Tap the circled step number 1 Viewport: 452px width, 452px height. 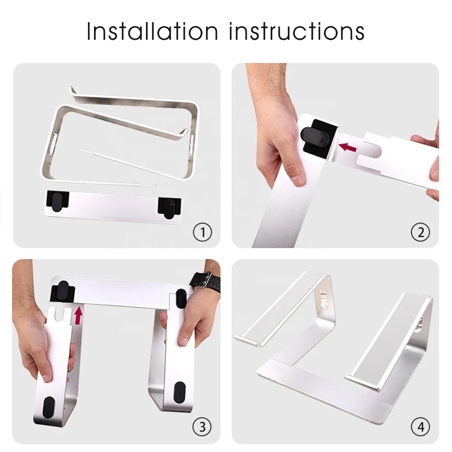tap(202, 232)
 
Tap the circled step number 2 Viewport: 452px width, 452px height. tap(420, 232)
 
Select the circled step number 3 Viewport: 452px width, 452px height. tap(202, 426)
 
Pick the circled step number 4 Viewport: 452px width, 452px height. tap(420, 426)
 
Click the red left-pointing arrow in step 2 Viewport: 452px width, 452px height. tap(348, 147)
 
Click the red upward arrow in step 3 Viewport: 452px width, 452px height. tap(79, 315)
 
